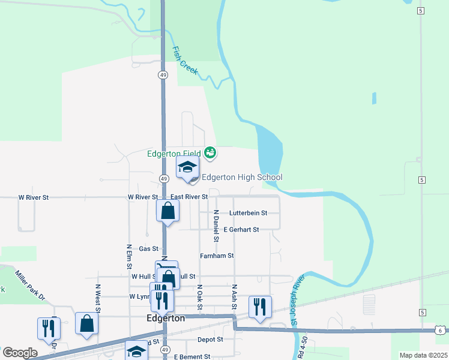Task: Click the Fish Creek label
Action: coord(185,61)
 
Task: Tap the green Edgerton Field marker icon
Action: coord(209,154)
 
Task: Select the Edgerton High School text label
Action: coord(242,177)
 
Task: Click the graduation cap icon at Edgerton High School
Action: coord(187,167)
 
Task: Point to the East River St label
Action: coord(188,197)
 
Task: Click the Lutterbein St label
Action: coord(248,213)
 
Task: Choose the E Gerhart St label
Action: coord(241,230)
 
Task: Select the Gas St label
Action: coord(148,248)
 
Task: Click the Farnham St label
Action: coord(216,256)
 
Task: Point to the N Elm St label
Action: coord(129,257)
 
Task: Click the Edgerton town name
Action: coord(166,319)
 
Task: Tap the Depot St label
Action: coord(210,339)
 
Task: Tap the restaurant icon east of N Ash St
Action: coord(259,307)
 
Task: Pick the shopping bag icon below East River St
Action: coord(167,211)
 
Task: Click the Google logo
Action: coord(20,353)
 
